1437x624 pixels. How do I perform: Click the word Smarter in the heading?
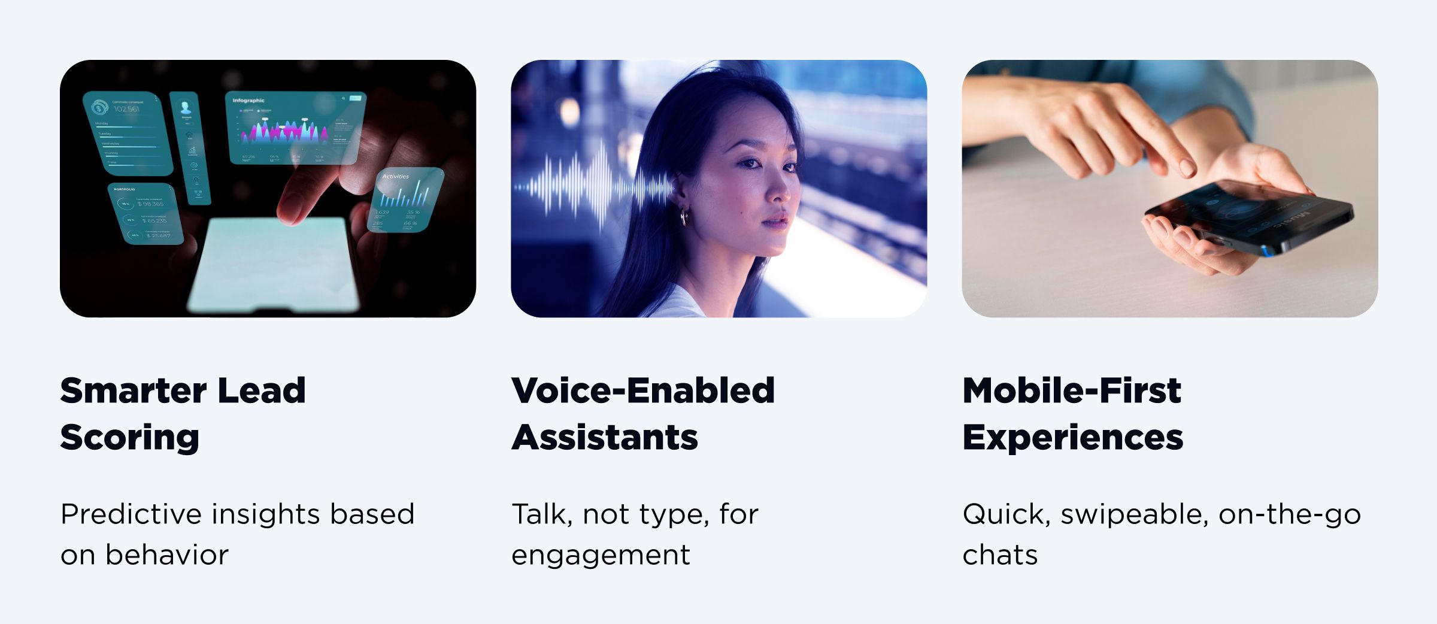pos(133,391)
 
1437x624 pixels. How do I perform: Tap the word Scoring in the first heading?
pos(129,438)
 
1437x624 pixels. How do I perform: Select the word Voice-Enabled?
pos(643,391)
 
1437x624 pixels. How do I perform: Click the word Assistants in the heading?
pos(605,438)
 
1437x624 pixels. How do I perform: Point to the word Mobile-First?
pos(1072,391)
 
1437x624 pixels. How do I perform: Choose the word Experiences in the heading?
pos(1073,438)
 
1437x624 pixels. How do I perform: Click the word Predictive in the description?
pos(131,514)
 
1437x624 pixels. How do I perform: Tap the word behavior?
pos(167,555)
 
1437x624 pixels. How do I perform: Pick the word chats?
pos(1000,555)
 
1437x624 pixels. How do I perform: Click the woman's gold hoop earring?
pos(683,216)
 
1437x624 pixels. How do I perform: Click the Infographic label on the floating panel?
pos(248,101)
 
